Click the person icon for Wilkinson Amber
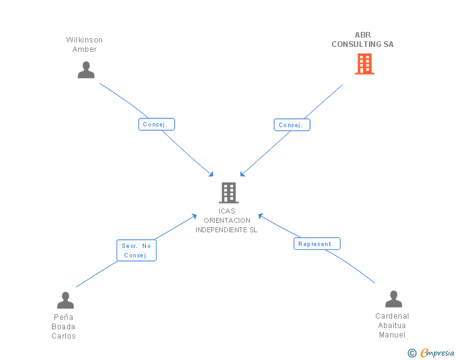click(86, 69)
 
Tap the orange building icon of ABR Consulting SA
click(364, 64)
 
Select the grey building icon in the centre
click(229, 193)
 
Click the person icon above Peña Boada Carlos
click(65, 301)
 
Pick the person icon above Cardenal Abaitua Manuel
click(393, 299)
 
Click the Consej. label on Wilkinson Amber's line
click(156, 125)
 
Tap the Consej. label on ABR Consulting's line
click(291, 125)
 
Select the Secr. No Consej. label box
click(136, 250)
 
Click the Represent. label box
click(316, 244)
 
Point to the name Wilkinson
click(85, 40)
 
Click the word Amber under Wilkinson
click(85, 49)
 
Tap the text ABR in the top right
click(363, 35)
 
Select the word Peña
click(64, 317)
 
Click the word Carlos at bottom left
click(64, 336)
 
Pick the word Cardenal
click(392, 316)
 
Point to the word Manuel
click(392, 335)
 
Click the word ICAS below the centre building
click(227, 211)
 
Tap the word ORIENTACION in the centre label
click(227, 220)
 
